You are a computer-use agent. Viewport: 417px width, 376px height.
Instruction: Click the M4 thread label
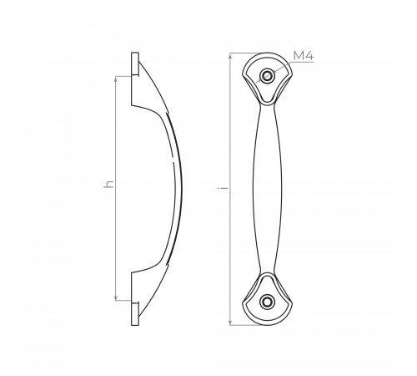click(304, 56)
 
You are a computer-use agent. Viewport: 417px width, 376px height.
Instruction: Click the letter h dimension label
click(108, 184)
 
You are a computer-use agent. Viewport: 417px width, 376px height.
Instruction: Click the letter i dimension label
click(223, 188)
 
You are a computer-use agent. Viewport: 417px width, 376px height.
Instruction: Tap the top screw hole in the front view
click(267, 75)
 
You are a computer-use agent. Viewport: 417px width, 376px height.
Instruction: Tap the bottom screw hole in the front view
click(267, 302)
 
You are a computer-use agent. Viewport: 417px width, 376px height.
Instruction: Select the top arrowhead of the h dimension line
click(116, 79)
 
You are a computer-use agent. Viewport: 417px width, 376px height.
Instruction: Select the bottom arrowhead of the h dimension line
click(116, 297)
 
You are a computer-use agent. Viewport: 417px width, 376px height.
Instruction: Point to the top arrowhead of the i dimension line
click(230, 56)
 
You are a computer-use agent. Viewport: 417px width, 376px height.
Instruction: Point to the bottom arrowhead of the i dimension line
click(230, 322)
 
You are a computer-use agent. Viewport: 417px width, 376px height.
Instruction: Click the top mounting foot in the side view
click(135, 64)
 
